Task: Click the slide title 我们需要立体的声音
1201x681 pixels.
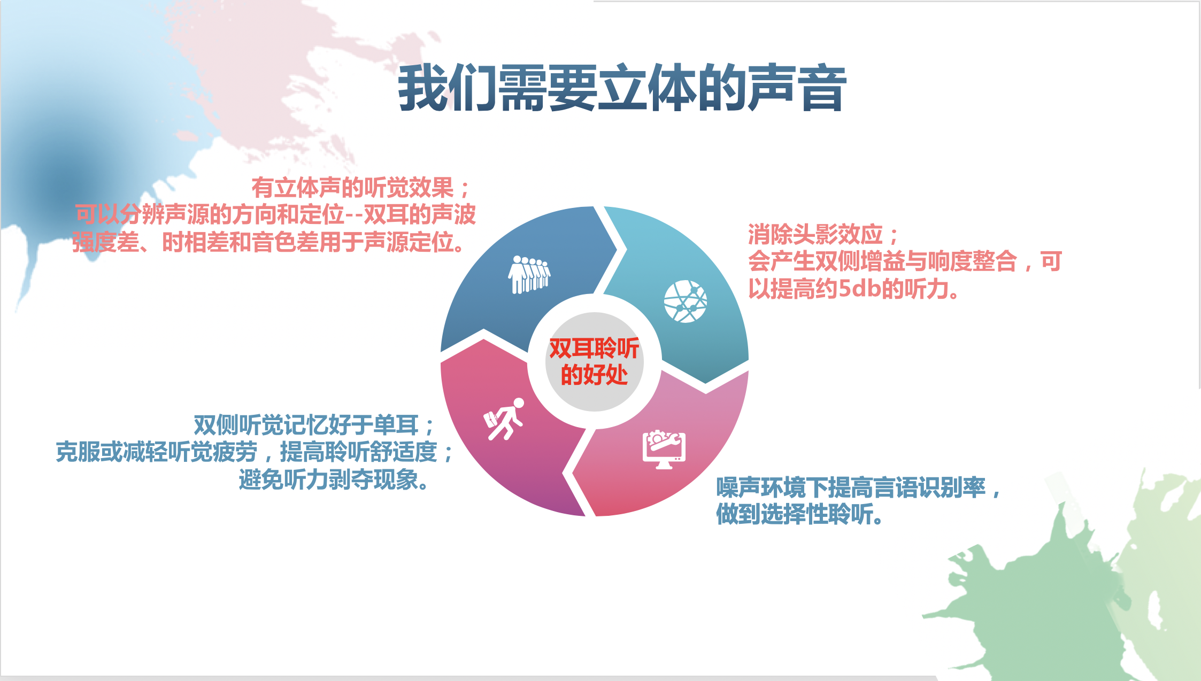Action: [x=622, y=88]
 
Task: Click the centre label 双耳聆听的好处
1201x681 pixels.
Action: [x=594, y=362]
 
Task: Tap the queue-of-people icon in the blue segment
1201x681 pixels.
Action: [x=529, y=275]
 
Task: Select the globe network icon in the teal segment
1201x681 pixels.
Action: [x=686, y=301]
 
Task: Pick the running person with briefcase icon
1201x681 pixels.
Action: [x=504, y=420]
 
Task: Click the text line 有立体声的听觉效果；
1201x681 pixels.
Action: [x=361, y=188]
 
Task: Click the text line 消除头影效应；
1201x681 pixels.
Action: [x=823, y=235]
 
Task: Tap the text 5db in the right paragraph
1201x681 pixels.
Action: [x=859, y=289]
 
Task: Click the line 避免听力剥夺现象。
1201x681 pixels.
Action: [x=334, y=479]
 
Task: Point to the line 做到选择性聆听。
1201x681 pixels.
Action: [x=800, y=514]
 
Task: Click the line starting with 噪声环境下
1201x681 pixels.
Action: [x=858, y=487]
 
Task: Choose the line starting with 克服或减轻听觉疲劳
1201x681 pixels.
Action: [x=255, y=452]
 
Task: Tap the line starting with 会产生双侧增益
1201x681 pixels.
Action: [x=905, y=261]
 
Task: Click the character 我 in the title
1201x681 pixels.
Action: [x=423, y=88]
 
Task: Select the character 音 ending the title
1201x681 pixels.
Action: [x=822, y=88]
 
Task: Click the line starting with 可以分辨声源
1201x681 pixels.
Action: [x=275, y=215]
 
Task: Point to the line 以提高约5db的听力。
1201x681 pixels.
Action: [x=854, y=289]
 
